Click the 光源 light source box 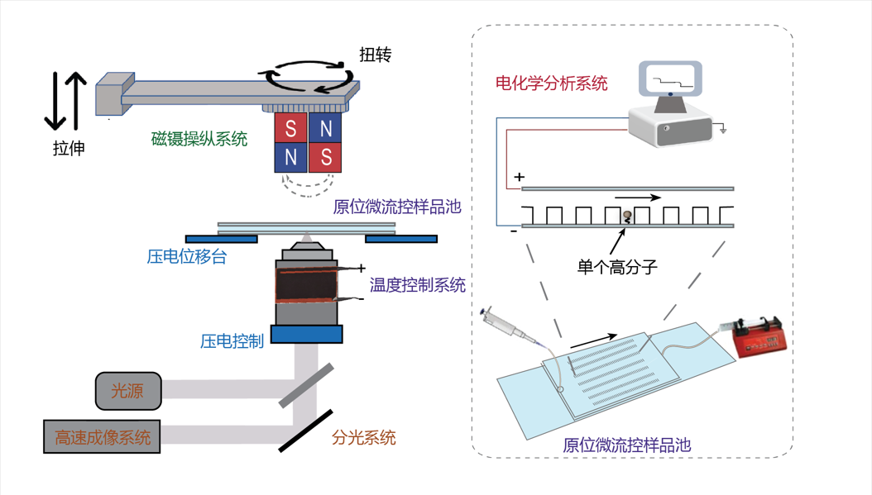pyautogui.click(x=127, y=391)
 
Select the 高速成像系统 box pyautogui.click(x=102, y=436)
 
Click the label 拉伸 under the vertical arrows pyautogui.click(x=68, y=149)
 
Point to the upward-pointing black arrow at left pyautogui.click(x=76, y=99)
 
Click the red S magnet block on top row pyautogui.click(x=290, y=128)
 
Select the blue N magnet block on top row pyautogui.click(x=326, y=128)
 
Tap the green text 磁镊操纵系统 pyautogui.click(x=199, y=139)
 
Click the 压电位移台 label pyautogui.click(x=186, y=257)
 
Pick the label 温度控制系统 pyautogui.click(x=417, y=285)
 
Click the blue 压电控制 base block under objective pyautogui.click(x=307, y=334)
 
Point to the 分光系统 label pyautogui.click(x=363, y=437)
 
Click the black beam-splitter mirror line pyautogui.click(x=305, y=430)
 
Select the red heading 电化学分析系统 pyautogui.click(x=551, y=83)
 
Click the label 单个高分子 pyautogui.click(x=616, y=267)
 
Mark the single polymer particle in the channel pyautogui.click(x=626, y=217)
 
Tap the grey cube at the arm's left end pyautogui.click(x=108, y=93)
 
